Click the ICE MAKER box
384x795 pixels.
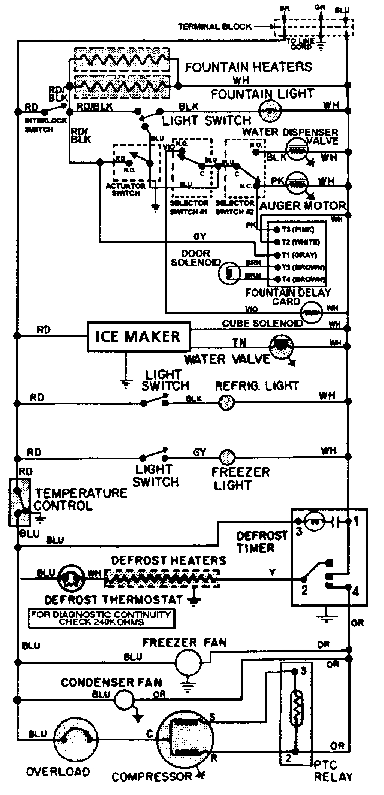pos(138,336)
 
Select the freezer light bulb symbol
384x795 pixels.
pos(227,457)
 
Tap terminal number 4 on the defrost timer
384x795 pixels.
pos(355,591)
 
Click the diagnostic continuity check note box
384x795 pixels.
pos(101,618)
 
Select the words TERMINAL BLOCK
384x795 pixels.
pos(214,27)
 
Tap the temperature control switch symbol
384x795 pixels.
pos(19,502)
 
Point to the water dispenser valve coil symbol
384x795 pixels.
pos(297,149)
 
